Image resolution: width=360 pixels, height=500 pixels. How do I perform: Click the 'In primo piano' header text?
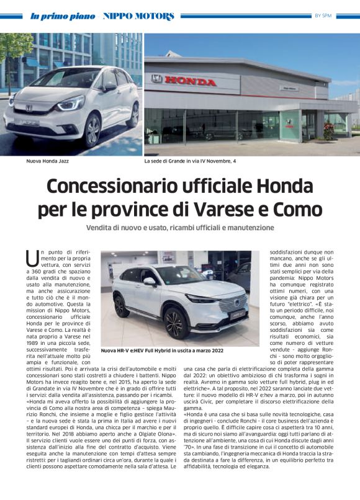coord(63,16)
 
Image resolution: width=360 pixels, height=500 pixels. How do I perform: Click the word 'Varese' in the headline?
coord(222,209)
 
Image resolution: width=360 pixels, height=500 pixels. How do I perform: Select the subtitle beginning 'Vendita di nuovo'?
coord(179,228)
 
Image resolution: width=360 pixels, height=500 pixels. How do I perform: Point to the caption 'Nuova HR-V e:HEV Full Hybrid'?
coord(163,350)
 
